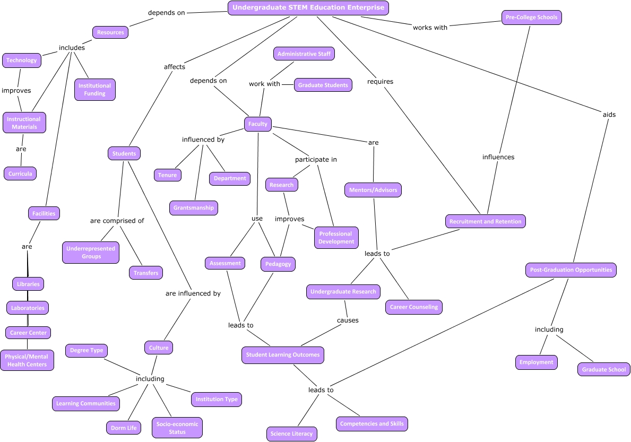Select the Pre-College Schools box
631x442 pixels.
531,18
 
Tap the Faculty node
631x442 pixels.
258,124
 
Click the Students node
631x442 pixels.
124,154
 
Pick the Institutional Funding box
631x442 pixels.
95,90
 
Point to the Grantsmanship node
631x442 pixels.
194,208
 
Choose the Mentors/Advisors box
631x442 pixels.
373,190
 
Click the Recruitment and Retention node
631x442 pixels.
485,221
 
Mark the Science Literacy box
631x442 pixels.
291,434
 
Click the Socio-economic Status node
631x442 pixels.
177,428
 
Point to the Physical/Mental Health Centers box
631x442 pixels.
27,361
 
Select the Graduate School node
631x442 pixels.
604,369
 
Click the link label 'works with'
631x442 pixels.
430,28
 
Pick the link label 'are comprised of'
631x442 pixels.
117,221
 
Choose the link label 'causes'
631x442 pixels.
348,320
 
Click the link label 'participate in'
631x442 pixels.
316,159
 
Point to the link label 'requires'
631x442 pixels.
380,82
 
